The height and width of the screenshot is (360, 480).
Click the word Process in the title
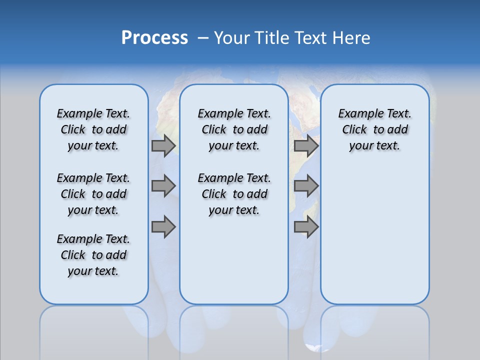coord(154,38)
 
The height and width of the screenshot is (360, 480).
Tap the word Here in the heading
coord(352,38)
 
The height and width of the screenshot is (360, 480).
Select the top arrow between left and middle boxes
coord(163,145)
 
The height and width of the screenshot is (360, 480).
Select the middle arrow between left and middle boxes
coord(163,186)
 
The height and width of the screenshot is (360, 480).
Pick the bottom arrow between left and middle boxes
coord(163,227)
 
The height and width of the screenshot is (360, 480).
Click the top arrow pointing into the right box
coord(306,145)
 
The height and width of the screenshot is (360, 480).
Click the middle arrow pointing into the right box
coord(306,186)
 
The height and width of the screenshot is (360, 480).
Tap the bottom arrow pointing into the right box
coord(306,227)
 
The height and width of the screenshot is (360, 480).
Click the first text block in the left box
coord(93,129)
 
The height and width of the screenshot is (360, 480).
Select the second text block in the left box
coord(93,194)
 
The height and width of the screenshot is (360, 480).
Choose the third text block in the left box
coord(93,255)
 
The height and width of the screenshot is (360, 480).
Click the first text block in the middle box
coord(234,129)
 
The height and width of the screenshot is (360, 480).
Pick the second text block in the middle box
coord(234,194)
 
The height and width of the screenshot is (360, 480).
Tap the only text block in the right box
coord(374,129)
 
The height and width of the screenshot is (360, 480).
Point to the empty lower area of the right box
coord(374,235)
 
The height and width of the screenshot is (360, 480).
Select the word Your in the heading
coord(232,38)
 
